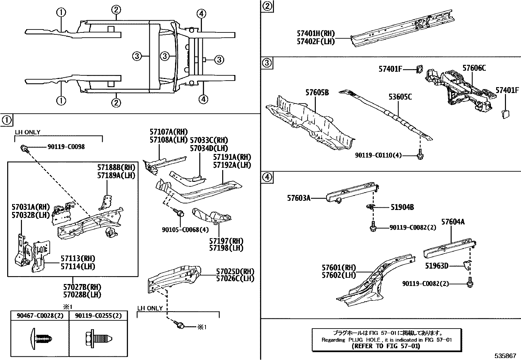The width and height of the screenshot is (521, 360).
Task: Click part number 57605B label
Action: pos(317,93)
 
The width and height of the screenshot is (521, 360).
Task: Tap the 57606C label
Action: pos(474,68)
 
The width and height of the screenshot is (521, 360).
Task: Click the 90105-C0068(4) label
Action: pos(185,230)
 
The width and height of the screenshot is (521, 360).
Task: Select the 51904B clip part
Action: pos(370,207)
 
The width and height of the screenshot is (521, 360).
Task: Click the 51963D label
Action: pos(437,266)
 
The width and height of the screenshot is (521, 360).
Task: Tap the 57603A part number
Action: pos(298,198)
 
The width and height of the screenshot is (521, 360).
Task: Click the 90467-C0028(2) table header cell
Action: pos(40,315)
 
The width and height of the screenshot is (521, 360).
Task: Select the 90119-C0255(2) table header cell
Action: pos(98,315)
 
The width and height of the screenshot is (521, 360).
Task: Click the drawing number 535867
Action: pos(505,356)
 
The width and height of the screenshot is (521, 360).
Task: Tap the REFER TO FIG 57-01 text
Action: pos(386,346)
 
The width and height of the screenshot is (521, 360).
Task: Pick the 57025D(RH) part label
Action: pos(235,272)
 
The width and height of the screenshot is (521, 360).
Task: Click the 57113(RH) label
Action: pos(78,258)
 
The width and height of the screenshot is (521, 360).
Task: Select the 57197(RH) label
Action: pos(226,241)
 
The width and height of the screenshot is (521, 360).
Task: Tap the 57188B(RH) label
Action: pos(116,167)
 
